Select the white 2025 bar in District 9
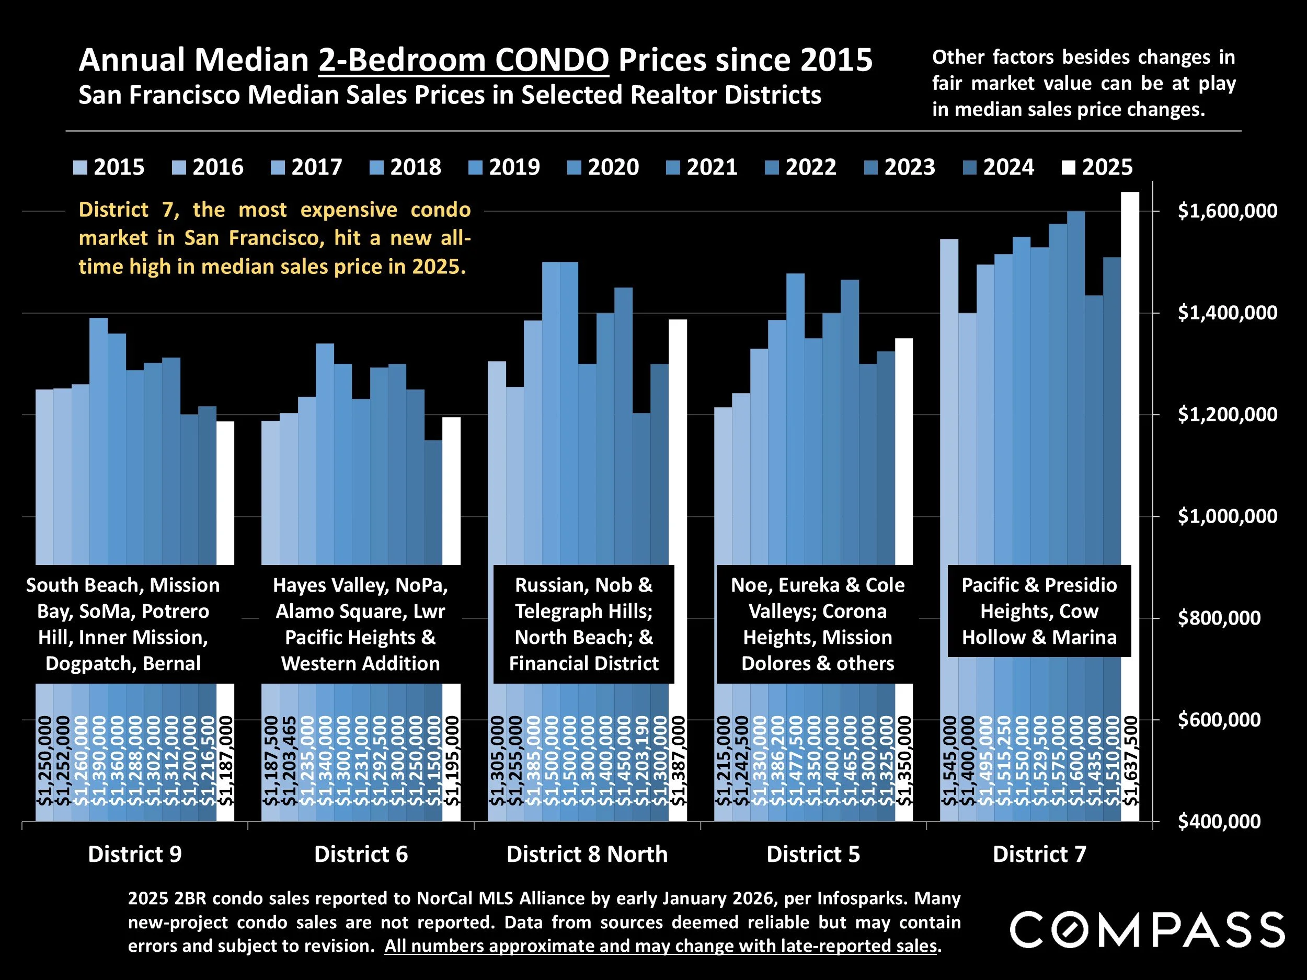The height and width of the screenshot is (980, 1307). [x=225, y=490]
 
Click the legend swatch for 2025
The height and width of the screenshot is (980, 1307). [x=1068, y=168]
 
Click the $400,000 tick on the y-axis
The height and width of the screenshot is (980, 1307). [x=1218, y=821]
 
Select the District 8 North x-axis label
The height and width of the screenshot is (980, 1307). [x=587, y=854]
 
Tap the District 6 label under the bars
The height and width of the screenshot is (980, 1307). [x=361, y=854]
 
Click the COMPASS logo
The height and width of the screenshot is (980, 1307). [x=1147, y=930]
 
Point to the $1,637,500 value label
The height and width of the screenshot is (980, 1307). [x=1130, y=760]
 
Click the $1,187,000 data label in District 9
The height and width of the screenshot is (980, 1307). [x=226, y=760]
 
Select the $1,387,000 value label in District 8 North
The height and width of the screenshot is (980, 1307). [x=678, y=760]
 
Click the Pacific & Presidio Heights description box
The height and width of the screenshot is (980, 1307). [x=1039, y=611]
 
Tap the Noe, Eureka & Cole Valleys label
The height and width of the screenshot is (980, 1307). [x=817, y=624]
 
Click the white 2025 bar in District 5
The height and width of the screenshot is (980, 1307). [x=904, y=449]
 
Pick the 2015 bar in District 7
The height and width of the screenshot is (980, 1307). [x=949, y=402]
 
